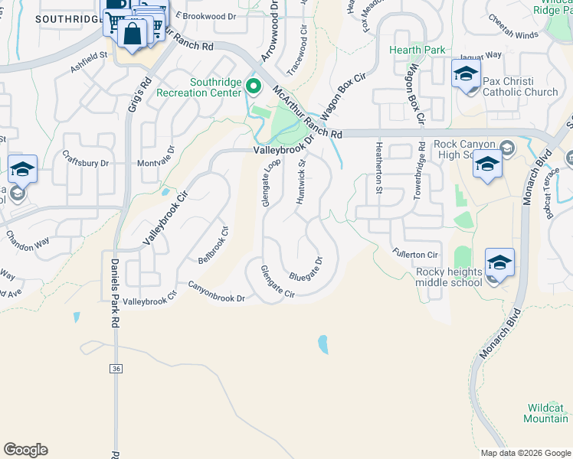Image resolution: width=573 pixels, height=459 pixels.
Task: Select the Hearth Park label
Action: point(417,50)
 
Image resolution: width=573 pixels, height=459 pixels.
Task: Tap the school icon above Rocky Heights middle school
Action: point(499,263)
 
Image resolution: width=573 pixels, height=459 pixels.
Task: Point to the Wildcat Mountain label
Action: point(545,413)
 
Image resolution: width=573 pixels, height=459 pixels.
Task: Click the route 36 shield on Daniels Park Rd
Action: point(116,369)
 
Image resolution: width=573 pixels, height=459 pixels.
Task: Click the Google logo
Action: point(25,450)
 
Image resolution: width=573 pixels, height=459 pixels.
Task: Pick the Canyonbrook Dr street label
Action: point(216,291)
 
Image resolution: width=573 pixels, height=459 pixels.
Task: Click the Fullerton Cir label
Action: point(414,254)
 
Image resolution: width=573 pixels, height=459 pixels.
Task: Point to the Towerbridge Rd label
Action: point(419,171)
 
